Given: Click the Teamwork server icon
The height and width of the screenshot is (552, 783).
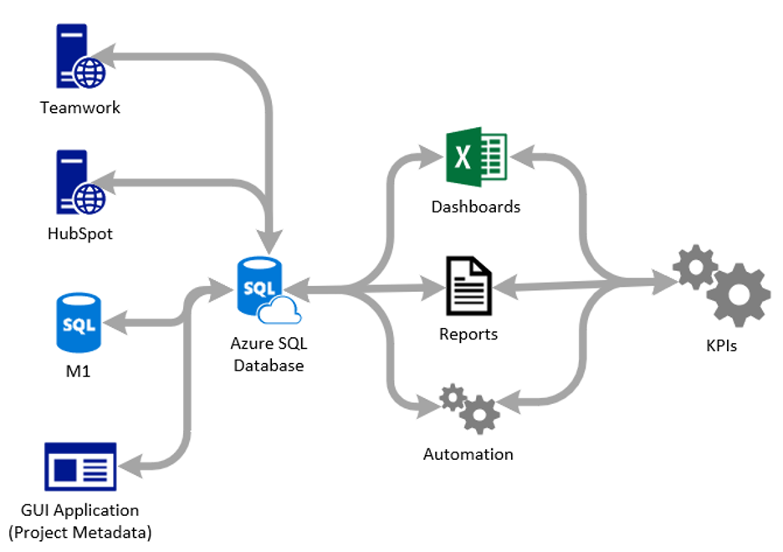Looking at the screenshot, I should tap(77, 57).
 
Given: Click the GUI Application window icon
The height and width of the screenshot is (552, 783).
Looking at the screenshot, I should tap(79, 467).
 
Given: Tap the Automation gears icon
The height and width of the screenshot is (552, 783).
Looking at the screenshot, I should tap(469, 407).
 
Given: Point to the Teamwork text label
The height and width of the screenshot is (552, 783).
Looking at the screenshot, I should tap(80, 108).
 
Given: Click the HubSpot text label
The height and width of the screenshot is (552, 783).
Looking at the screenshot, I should tap(80, 234).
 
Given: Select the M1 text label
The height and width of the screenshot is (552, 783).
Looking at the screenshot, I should tap(77, 371).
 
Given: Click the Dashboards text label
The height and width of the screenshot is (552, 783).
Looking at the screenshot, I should tap(475, 207).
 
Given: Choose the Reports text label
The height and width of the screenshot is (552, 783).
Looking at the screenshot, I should tap(468, 335).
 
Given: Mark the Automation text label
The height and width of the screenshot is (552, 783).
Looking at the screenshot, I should tap(468, 454).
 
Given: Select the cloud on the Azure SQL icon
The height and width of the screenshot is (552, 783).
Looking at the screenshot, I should tap(279, 312).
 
